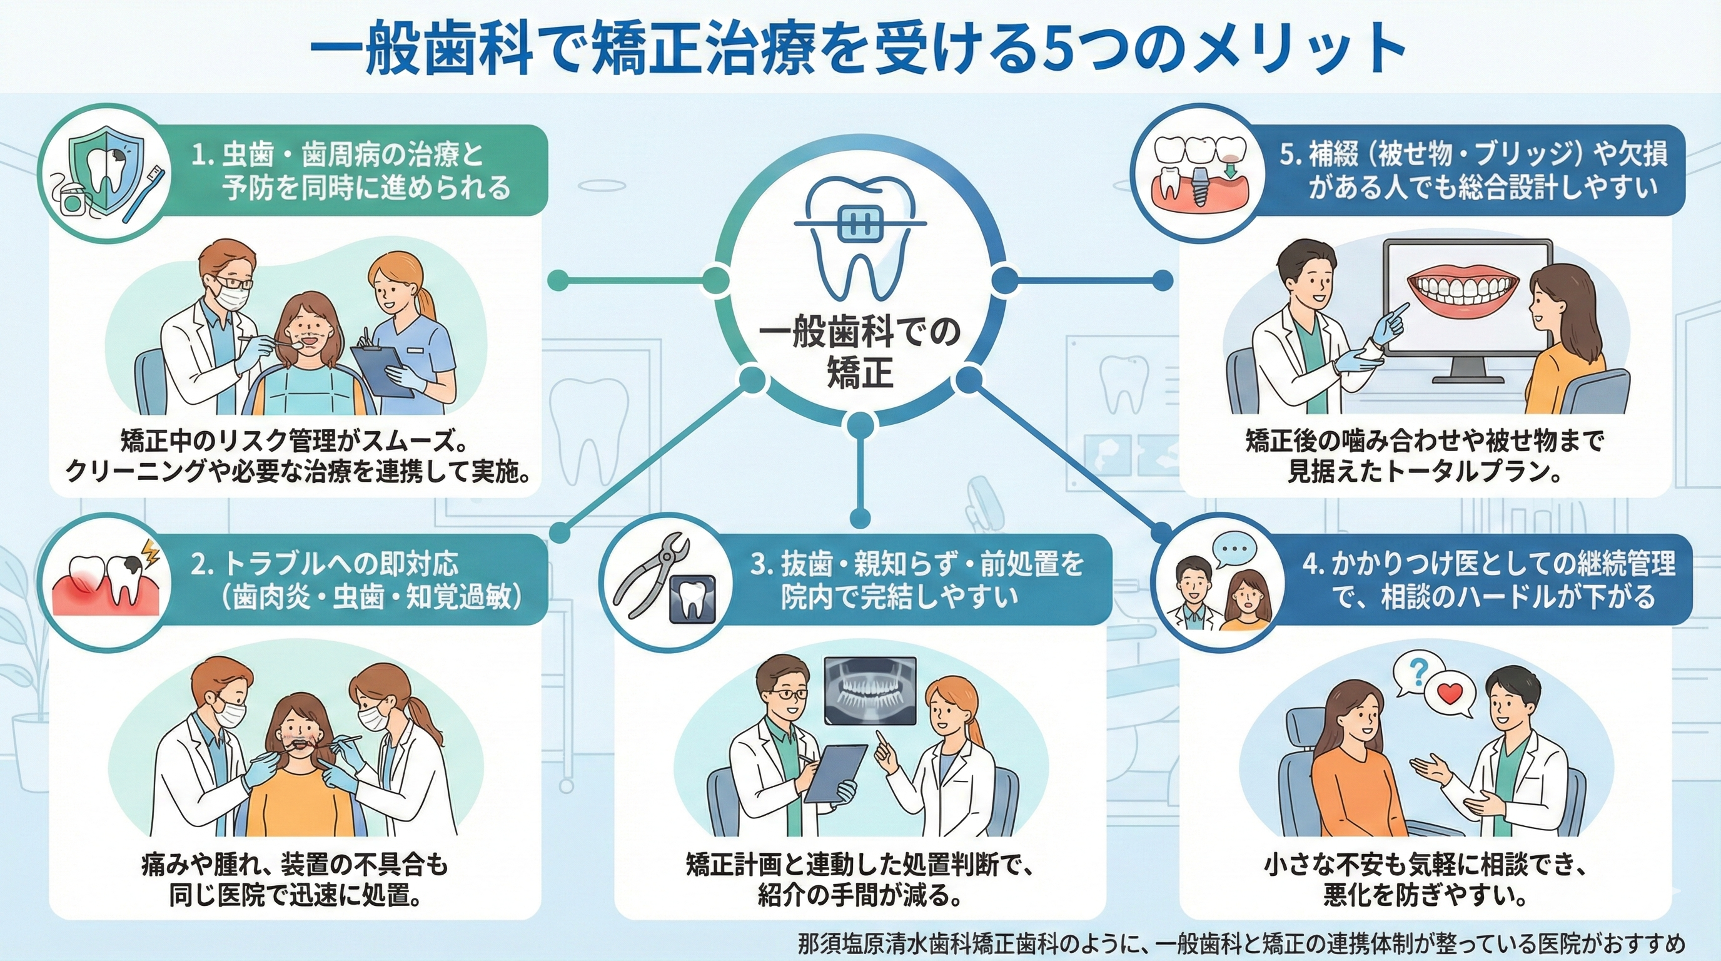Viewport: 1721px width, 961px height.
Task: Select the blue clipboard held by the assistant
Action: point(378,378)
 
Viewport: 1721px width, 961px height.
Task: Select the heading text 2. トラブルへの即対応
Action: point(325,565)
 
